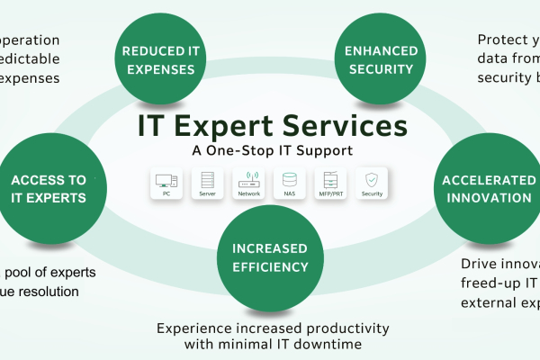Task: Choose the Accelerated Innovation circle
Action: tap(487, 186)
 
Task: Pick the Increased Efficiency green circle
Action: tap(271, 256)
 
